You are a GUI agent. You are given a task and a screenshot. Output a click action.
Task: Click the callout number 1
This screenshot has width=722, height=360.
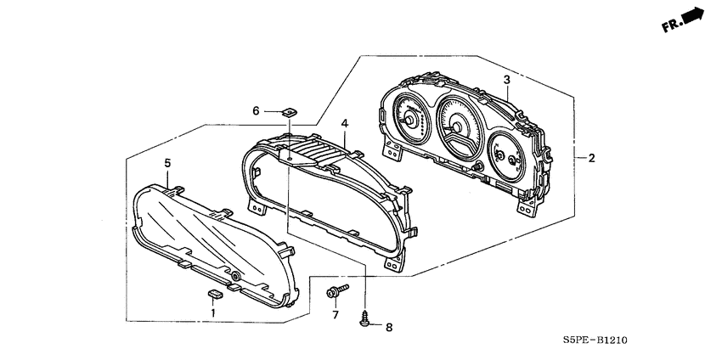(213, 312)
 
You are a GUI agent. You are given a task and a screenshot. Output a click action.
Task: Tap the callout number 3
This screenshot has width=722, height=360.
(506, 81)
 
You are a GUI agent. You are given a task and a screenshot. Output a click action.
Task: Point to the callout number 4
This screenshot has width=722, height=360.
(344, 124)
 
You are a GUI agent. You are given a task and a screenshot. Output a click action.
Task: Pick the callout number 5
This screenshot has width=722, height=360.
(167, 162)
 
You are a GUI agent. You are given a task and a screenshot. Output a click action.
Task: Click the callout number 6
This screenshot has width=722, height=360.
(255, 110)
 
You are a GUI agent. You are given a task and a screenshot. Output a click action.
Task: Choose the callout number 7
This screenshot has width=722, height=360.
(335, 315)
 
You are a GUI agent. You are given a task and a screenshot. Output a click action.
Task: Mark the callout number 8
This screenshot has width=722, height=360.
(389, 327)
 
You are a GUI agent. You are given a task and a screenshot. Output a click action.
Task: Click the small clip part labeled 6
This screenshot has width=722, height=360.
(290, 110)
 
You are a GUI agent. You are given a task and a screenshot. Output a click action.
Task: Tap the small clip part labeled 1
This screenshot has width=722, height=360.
(214, 294)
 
